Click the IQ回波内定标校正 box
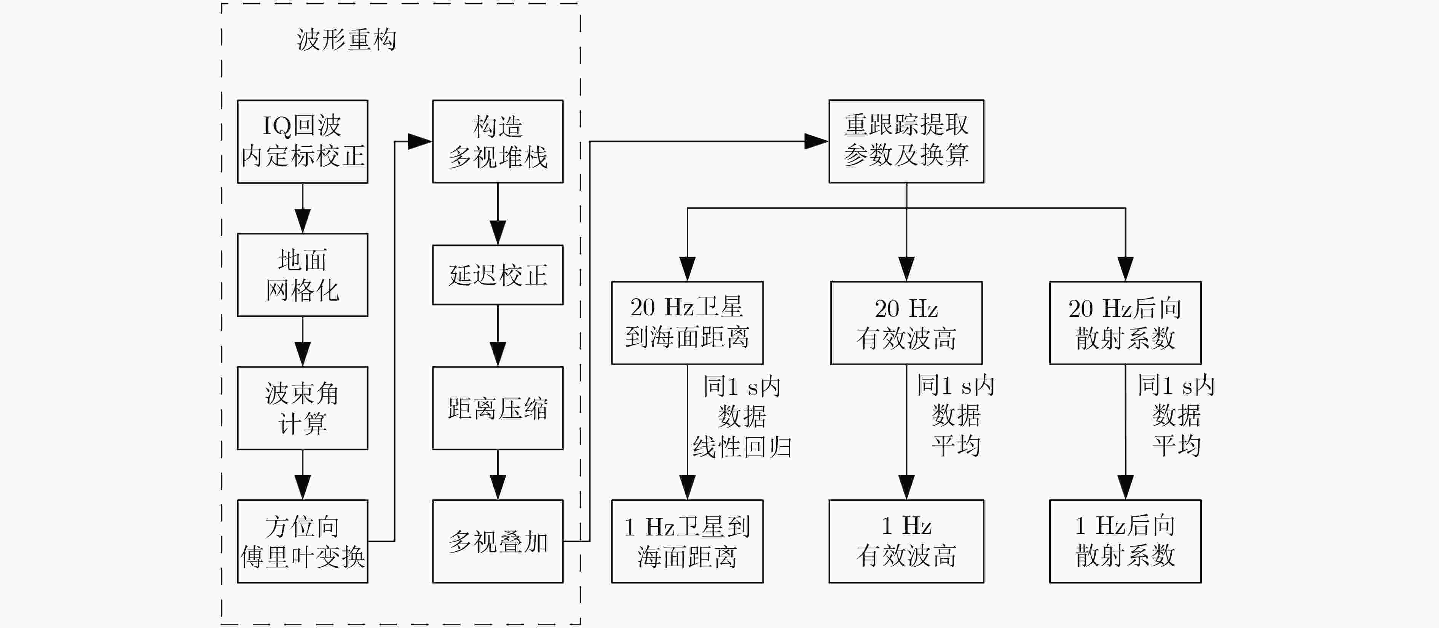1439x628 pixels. [302, 141]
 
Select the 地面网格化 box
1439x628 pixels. [302, 275]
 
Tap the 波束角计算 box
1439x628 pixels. [302, 408]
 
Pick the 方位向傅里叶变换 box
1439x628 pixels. [302, 542]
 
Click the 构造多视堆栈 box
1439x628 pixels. [498, 141]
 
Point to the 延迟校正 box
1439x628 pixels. [498, 275]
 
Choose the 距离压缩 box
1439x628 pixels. [498, 408]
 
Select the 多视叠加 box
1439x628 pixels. [498, 542]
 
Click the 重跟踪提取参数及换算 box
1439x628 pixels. [906, 141]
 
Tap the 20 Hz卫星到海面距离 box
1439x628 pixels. [687, 323]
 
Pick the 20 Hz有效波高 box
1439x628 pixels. [906, 323]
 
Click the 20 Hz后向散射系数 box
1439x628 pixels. [1125, 323]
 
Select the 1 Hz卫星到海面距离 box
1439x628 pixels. [687, 542]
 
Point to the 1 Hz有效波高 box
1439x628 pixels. [906, 542]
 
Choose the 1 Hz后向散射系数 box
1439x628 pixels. [1125, 542]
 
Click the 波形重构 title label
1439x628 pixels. [346, 40]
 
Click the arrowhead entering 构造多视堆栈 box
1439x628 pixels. [420, 141]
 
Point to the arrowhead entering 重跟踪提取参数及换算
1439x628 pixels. [816, 141]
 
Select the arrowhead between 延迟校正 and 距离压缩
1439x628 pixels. [498, 354]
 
